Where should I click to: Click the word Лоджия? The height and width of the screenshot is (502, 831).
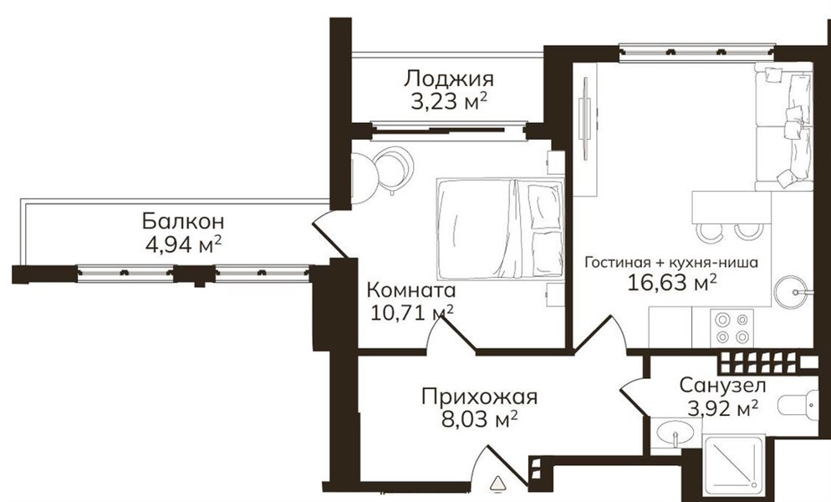tap(449, 79)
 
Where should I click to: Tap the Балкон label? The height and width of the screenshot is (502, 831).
tap(183, 220)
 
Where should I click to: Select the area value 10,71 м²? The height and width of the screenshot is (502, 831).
tap(412, 313)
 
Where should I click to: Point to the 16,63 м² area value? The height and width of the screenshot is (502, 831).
tap(671, 282)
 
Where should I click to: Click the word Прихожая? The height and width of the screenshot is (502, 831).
tap(480, 397)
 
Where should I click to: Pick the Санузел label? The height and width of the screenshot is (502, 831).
tap(722, 385)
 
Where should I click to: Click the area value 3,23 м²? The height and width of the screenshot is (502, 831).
tap(449, 101)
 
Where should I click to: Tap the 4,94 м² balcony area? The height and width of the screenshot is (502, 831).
tap(183, 245)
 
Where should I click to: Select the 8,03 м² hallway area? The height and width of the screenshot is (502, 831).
tap(480, 420)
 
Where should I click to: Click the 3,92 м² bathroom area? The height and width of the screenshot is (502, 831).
tap(722, 408)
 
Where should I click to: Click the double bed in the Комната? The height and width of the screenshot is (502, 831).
tap(500, 228)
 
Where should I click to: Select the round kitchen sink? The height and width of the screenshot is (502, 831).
tap(791, 291)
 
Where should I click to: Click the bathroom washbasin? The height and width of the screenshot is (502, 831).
tap(675, 433)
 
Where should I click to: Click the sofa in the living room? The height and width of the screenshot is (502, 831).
tap(783, 127)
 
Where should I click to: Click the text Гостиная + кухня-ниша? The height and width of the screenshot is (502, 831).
tap(671, 262)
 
